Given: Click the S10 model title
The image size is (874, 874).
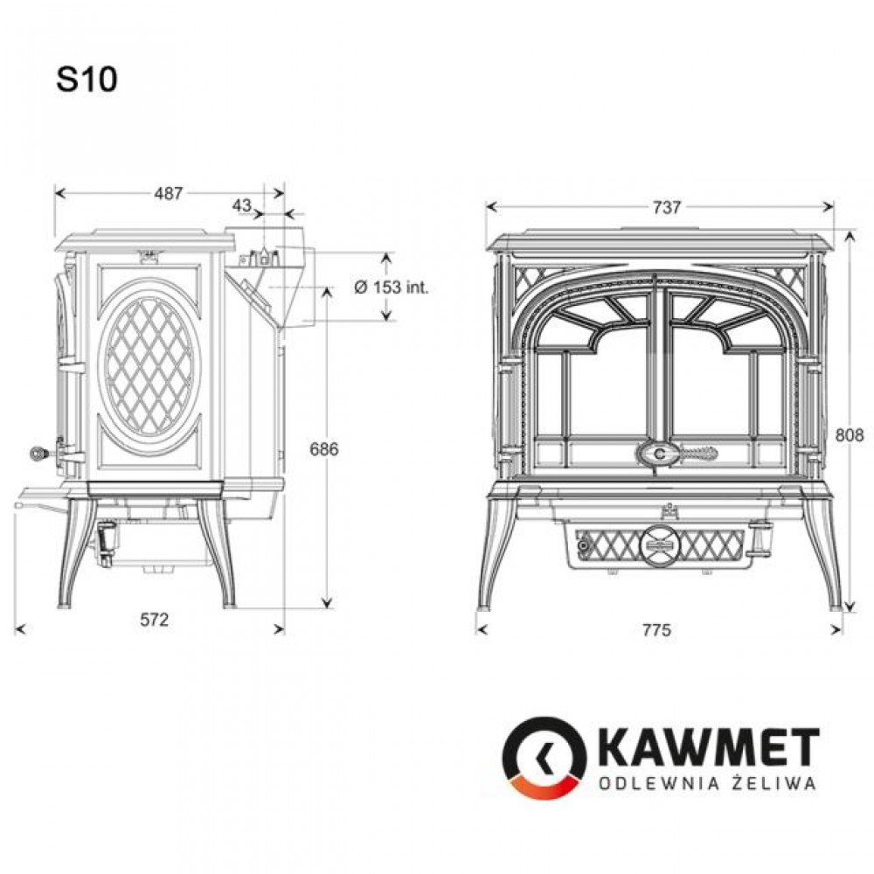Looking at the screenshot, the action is tap(87, 80).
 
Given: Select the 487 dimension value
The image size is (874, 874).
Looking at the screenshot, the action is tap(169, 193).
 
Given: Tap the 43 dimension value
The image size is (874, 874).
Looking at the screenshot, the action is tap(242, 205).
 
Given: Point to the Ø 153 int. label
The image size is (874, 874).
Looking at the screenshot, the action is tap(392, 287).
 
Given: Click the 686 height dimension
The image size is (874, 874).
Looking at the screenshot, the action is tap(324, 448).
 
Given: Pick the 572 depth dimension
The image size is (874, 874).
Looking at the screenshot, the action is tap(154, 620).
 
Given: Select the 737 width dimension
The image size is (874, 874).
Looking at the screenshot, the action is tap(666, 207).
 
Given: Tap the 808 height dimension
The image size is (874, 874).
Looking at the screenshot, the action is tap(849, 434).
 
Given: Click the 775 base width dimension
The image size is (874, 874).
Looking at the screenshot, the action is tap(656, 630).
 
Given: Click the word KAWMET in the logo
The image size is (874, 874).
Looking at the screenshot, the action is tap(711, 747).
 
